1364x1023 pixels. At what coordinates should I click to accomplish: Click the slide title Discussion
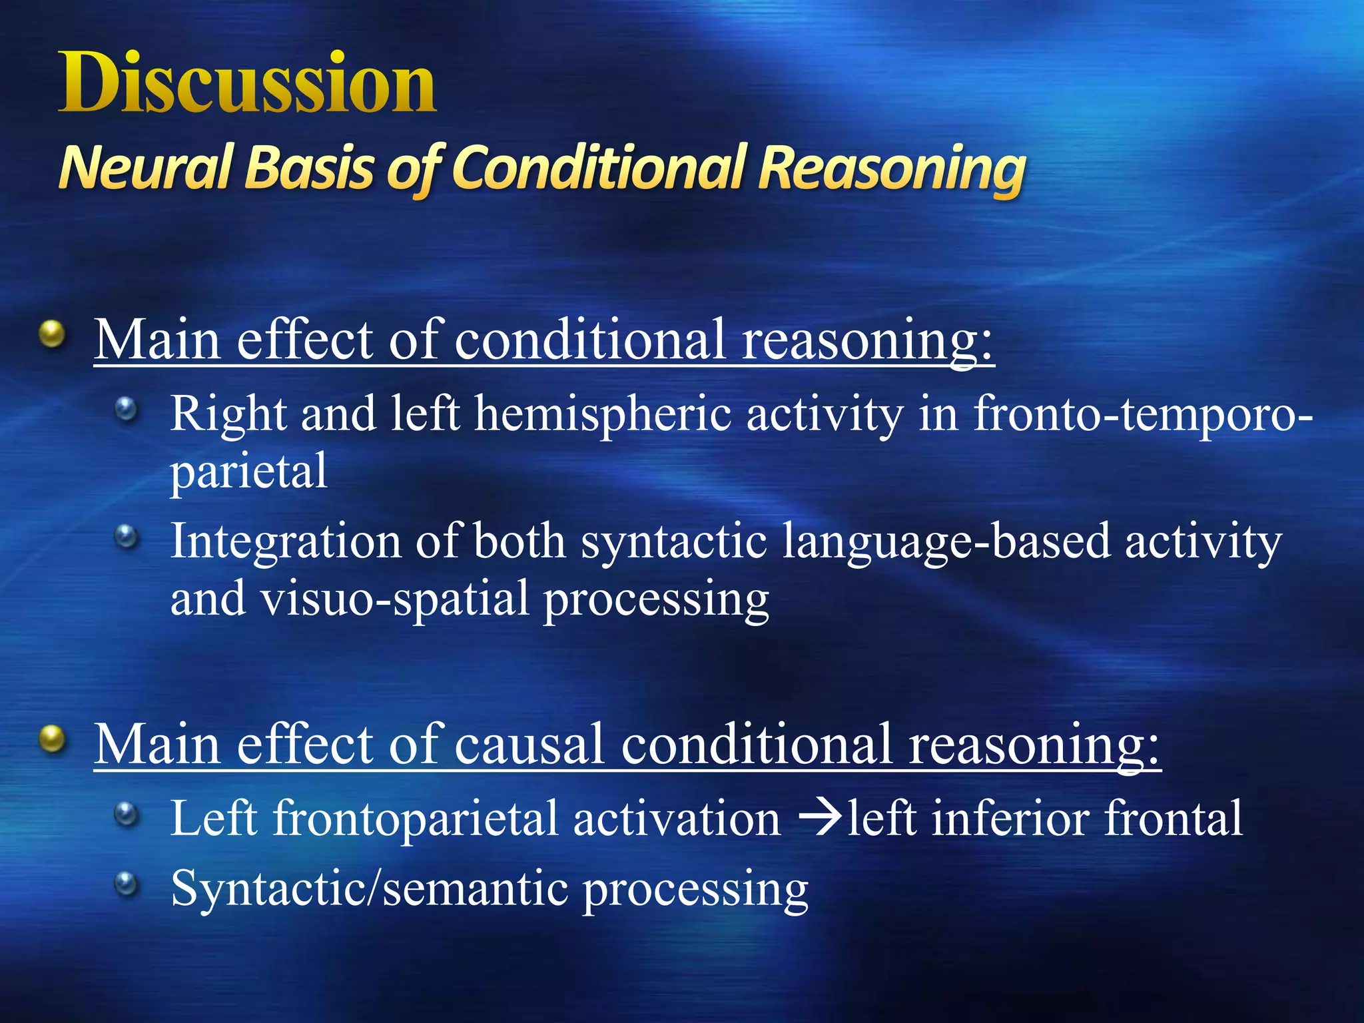(x=247, y=84)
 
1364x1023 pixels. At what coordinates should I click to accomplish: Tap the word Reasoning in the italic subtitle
(x=892, y=167)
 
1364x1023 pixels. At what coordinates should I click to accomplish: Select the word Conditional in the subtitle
(x=599, y=167)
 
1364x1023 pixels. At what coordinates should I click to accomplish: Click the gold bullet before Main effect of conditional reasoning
(x=52, y=334)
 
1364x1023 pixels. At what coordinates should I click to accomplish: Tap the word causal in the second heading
(x=529, y=743)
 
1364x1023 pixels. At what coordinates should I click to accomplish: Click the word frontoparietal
(x=416, y=818)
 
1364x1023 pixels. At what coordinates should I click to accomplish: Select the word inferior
(x=1010, y=818)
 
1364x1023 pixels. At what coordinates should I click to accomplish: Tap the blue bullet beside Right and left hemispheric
(x=126, y=410)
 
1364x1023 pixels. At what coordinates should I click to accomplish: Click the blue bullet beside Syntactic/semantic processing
(x=126, y=884)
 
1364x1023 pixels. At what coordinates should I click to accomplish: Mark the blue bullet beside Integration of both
(x=126, y=537)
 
